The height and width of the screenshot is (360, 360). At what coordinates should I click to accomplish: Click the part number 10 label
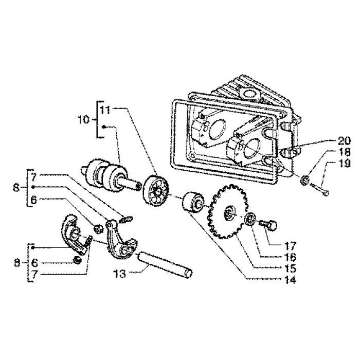point(83,120)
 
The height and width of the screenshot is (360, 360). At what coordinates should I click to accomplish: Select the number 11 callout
point(105,110)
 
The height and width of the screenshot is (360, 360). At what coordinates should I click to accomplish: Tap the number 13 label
point(120,273)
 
